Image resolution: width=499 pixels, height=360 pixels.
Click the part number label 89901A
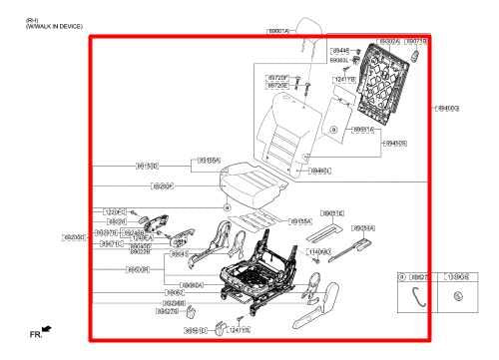click(278, 31)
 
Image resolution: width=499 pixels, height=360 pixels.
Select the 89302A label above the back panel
click(388, 42)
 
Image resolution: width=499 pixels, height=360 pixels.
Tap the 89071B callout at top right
click(416, 42)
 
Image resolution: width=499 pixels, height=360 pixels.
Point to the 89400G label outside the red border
click(446, 108)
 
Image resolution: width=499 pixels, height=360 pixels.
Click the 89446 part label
click(340, 50)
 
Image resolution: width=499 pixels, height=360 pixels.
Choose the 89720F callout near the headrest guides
click(277, 77)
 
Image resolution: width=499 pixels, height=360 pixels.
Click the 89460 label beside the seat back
click(320, 171)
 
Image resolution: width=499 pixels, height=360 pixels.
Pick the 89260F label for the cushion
click(163, 186)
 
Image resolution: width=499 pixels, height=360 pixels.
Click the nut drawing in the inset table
click(458, 296)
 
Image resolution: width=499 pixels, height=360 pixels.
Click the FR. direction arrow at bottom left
click(41, 329)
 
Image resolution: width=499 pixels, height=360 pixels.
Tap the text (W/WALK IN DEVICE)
click(56, 27)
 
